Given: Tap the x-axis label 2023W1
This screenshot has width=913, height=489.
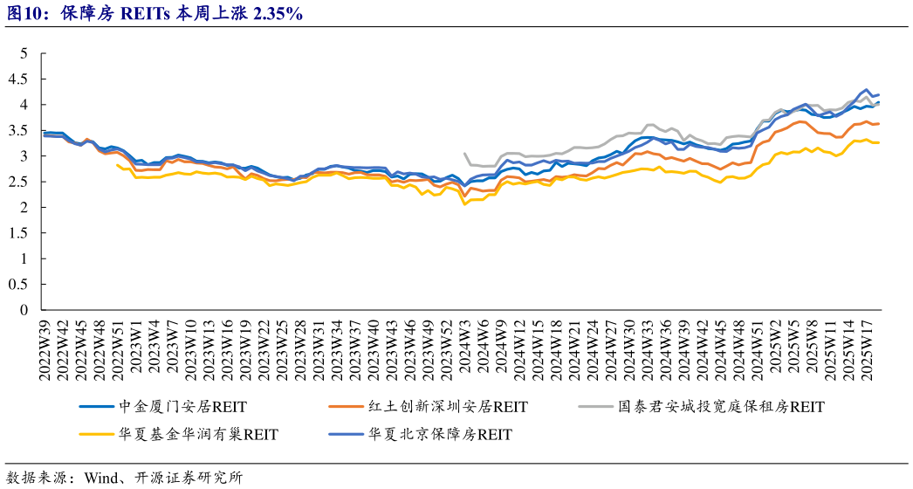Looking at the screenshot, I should click(x=137, y=344).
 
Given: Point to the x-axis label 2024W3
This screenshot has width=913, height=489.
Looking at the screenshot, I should click(x=464, y=344).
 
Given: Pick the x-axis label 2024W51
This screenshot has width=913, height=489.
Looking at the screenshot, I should click(x=757, y=347).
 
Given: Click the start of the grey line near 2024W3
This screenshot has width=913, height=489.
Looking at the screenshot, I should click(x=463, y=154).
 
